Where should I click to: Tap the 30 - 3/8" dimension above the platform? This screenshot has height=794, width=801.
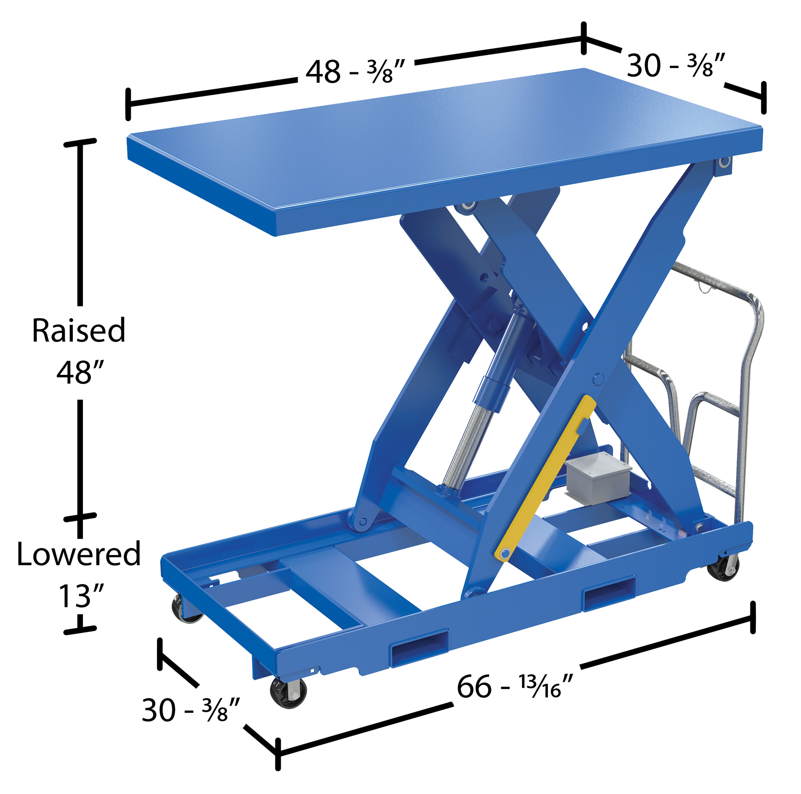click(676, 65)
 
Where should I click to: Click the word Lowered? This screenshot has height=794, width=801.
click(79, 554)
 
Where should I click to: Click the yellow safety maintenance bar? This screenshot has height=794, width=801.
click(545, 479)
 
